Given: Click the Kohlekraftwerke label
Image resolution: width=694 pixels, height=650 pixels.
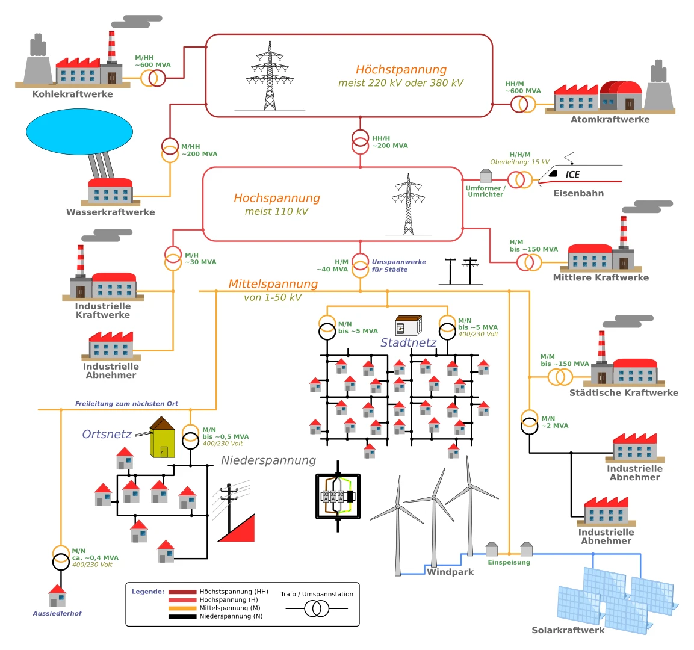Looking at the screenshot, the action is [73, 94].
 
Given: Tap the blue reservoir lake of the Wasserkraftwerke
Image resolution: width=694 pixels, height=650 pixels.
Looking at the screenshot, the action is [79, 131].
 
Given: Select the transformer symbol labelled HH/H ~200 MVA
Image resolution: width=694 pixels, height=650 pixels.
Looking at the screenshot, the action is [361, 142].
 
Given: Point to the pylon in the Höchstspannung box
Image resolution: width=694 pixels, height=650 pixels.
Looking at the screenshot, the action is [270, 76].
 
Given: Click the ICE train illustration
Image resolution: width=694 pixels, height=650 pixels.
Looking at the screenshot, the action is [580, 176].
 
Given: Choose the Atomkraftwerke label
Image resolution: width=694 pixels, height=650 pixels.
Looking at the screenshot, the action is [610, 120].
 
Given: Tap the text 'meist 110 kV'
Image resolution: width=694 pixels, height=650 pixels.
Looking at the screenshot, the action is [277, 211].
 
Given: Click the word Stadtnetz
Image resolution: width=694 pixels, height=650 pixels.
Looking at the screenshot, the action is [409, 343].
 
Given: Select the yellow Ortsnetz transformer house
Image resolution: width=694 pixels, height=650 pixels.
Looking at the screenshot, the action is [163, 438].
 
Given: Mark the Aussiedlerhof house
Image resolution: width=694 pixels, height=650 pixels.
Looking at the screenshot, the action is [57, 596].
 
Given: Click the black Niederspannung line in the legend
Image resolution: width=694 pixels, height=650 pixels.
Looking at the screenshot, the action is [182, 616].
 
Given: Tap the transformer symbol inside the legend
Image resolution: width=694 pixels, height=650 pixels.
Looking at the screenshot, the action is [317, 609].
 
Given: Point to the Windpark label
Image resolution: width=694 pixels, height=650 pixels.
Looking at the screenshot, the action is [450, 572].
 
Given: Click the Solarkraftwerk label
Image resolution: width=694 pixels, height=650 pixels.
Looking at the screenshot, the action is [568, 630].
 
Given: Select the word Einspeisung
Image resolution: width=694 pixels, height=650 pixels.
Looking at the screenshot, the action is [509, 562].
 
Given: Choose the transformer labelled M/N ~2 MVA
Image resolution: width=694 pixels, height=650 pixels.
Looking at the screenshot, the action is [529, 422].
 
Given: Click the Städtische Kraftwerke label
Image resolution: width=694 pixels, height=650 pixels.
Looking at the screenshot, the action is [624, 393].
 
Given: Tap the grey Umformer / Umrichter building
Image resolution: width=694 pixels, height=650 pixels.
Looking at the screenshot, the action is [486, 176].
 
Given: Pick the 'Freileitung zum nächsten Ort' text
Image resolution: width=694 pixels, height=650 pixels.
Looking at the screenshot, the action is [126, 403].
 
